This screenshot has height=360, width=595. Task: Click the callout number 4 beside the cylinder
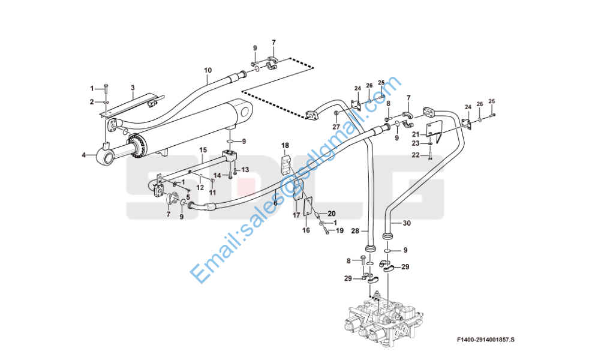tap(84, 155)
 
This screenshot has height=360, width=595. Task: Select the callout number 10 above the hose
tap(208, 70)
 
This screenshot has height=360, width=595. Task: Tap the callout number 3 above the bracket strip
tap(133, 88)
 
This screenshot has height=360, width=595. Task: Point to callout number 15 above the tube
tap(203, 149)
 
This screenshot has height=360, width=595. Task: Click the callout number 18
tap(285, 145)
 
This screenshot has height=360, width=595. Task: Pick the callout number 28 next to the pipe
tap(355, 231)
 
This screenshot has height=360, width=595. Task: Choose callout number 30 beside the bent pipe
tap(407, 223)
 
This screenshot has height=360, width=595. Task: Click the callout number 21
tap(416, 134)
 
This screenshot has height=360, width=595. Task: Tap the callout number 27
tap(336, 127)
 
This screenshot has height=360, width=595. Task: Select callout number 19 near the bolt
tap(339, 230)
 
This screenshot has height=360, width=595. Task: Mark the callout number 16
tap(306, 230)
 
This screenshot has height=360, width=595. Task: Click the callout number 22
tap(416, 155)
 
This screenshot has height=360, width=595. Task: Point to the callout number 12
tap(200, 188)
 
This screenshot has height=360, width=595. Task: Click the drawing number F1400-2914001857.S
tap(488, 340)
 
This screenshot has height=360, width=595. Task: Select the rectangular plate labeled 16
tap(308, 206)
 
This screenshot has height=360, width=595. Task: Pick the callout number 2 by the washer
tap(91, 102)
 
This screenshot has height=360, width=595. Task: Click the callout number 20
tap(332, 214)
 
